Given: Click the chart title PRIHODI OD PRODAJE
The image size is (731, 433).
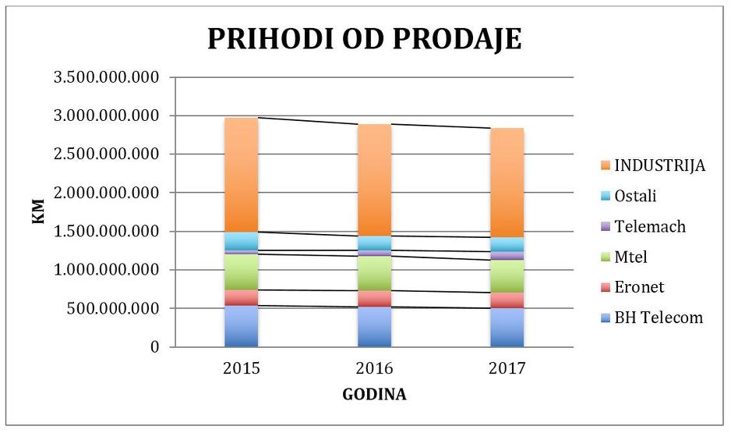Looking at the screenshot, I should [364, 38].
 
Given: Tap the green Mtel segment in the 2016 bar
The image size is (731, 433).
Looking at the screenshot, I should [374, 273].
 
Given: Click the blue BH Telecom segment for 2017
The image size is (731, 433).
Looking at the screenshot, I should [507, 328].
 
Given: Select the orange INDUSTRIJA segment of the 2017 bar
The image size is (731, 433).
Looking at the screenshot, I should [507, 182].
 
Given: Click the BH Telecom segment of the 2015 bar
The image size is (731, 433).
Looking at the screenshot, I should [242, 326].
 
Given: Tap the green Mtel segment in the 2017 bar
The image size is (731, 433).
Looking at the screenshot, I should [507, 276].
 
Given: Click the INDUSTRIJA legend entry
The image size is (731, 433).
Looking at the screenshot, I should [659, 165].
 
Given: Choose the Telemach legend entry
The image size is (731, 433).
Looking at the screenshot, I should [651, 226].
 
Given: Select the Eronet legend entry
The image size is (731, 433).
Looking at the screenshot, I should [639, 287].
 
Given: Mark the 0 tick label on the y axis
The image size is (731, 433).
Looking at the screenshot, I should [154, 347].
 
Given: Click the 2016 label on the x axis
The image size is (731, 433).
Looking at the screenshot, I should [374, 369].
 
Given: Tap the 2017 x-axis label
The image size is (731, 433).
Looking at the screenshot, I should [507, 369].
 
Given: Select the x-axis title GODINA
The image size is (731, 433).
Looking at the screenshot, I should [374, 395].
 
